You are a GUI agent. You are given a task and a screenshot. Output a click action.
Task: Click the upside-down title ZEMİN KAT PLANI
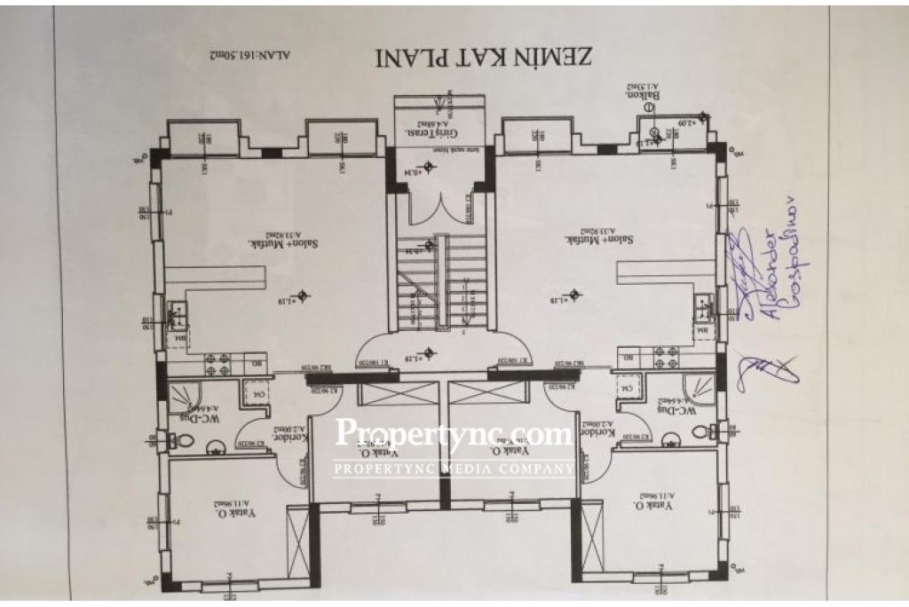484,56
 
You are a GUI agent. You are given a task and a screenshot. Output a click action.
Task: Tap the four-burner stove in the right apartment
670,357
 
